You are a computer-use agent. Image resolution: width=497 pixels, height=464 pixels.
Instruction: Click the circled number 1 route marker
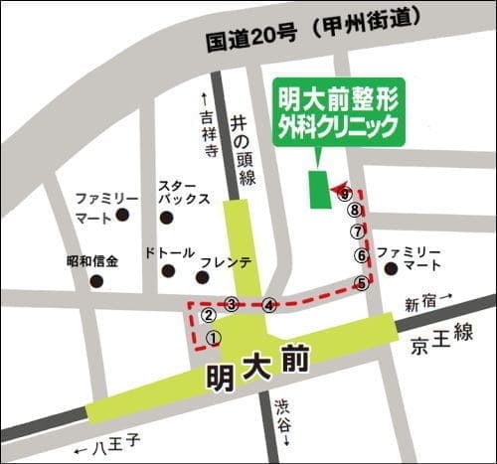(x=213, y=338)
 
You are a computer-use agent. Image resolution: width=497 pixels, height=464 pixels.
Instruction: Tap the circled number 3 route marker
(x=232, y=304)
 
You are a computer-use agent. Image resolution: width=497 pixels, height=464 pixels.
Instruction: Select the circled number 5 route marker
(x=363, y=283)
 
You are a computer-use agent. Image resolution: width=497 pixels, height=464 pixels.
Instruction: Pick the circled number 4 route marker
(x=268, y=306)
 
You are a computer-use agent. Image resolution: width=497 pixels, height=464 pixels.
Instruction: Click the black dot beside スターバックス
(x=166, y=218)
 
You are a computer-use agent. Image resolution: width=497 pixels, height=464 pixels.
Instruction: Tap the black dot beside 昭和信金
(x=96, y=281)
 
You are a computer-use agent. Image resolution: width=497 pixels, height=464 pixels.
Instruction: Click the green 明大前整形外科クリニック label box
(x=338, y=112)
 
